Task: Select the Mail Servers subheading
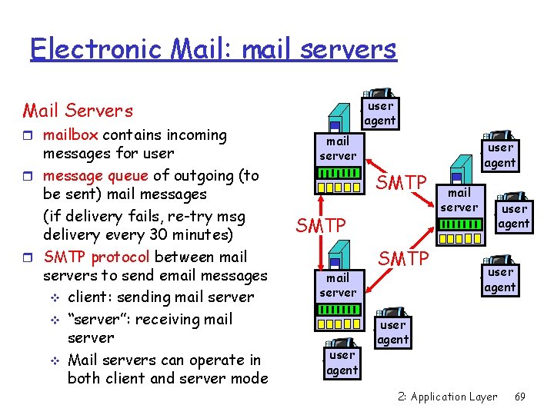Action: pos(78,111)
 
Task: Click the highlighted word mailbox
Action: pos(70,135)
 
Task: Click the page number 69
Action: pos(519,397)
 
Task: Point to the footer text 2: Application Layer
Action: pos(448,397)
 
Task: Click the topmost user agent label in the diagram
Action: pos(380,113)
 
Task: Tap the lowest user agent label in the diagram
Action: pos(342,363)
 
